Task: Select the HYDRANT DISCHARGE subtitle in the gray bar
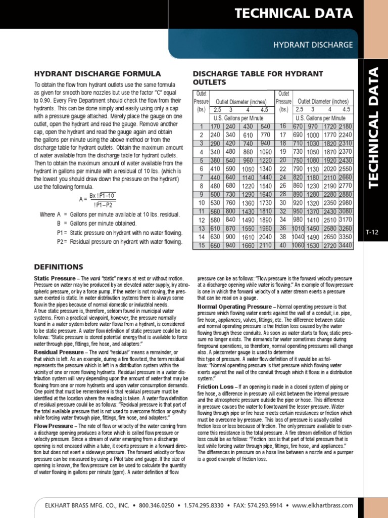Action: pyautogui.click(x=313, y=45)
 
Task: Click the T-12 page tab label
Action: pyautogui.click(x=372, y=232)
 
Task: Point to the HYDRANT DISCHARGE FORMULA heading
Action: pyautogui.click(x=97, y=74)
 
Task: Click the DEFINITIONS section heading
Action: pyautogui.click(x=58, y=267)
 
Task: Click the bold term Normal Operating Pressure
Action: pyautogui.click(x=234, y=307)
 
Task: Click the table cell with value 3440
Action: pyautogui.click(x=346, y=245)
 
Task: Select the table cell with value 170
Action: pyautogui.click(x=201, y=126)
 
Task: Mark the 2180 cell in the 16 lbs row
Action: pyautogui.click(x=346, y=126)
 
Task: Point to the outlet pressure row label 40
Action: pyautogui.click(x=283, y=245)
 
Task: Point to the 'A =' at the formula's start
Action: pyautogui.click(x=83, y=199)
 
